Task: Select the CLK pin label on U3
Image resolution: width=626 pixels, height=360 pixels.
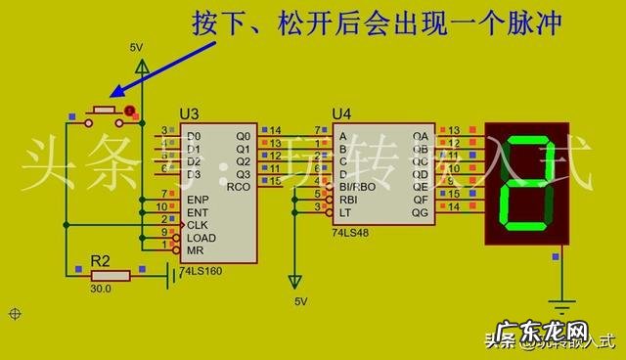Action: coord(198,225)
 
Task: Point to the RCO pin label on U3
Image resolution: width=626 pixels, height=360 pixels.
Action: coord(239,186)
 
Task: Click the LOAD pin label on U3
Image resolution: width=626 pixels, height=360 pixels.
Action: coord(201,238)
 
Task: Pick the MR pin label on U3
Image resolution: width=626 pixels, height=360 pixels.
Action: coord(196,250)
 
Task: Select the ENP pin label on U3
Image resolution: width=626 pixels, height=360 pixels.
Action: coord(199,200)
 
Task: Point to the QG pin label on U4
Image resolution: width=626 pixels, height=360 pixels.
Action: coord(420,211)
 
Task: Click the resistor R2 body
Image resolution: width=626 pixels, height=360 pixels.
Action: coord(108,277)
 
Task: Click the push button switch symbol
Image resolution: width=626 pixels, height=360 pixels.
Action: coord(103,114)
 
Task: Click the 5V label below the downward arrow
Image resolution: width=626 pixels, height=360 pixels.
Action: coord(300,301)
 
